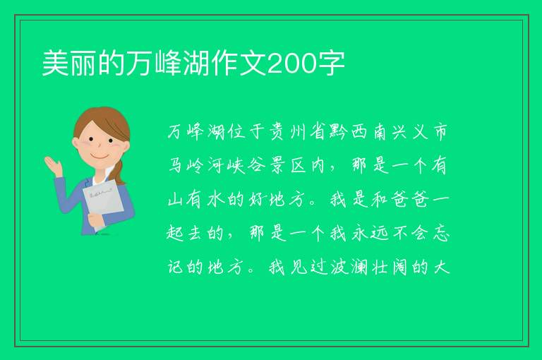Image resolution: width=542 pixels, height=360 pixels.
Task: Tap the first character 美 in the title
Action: (x=56, y=64)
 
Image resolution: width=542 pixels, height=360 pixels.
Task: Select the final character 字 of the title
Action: (x=332, y=64)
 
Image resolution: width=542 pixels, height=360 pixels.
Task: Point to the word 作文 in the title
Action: (x=239, y=64)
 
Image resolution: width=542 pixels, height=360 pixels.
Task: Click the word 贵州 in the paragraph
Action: (x=287, y=132)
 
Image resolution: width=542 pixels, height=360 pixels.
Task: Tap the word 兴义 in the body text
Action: (x=410, y=132)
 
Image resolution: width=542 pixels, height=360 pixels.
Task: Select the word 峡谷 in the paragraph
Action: (x=246, y=165)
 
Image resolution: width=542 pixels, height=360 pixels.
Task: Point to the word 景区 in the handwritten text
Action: (x=288, y=165)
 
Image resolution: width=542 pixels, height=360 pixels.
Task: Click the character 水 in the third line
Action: (x=216, y=199)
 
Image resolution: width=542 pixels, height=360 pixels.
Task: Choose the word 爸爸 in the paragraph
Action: (x=410, y=199)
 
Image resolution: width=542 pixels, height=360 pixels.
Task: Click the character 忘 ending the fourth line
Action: (x=441, y=233)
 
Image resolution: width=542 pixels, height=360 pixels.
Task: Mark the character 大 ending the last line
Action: (x=441, y=267)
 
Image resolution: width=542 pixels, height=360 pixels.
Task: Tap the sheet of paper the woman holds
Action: (x=103, y=203)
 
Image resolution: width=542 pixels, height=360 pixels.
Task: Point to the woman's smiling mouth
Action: (x=100, y=157)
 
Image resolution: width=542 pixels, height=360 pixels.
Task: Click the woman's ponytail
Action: (x=119, y=172)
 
